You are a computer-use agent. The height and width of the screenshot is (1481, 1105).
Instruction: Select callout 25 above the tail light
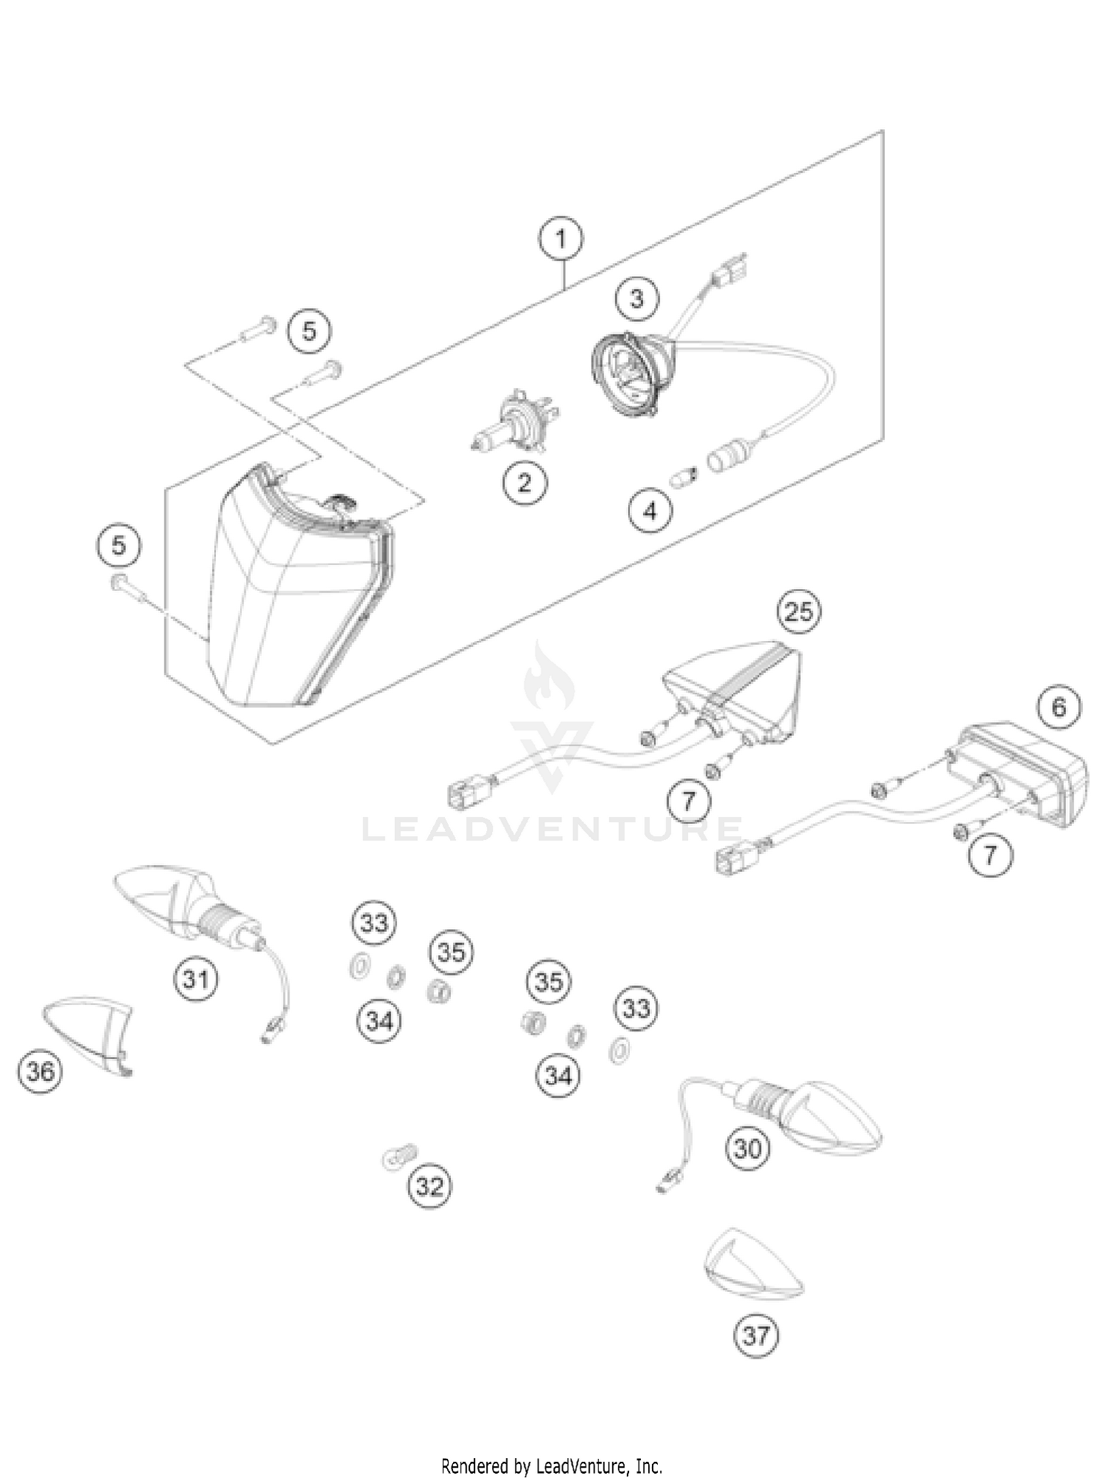(799, 611)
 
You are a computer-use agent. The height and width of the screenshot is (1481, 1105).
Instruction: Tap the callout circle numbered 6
(1059, 707)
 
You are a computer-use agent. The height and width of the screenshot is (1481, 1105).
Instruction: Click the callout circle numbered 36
(41, 1071)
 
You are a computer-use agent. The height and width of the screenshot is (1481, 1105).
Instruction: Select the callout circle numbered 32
(430, 1186)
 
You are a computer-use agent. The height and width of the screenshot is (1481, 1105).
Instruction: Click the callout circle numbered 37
(757, 1335)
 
